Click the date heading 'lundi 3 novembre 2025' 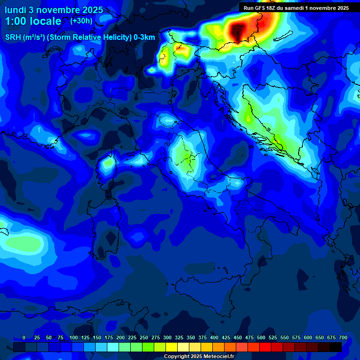tap(54, 10)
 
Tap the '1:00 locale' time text tap(33, 21)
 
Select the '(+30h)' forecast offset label tap(81, 21)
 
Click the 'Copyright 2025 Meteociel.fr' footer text tap(199, 356)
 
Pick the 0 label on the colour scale tap(24, 337)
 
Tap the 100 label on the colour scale tap(73, 337)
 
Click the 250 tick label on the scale tap(143, 337)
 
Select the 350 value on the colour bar tap(190, 337)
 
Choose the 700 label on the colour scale tap(343, 337)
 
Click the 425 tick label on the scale tap(225, 337)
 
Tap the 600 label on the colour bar tap(307, 337)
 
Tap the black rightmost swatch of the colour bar tap(336, 347)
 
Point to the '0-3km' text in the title tap(144, 37)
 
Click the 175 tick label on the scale tap(108, 337)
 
